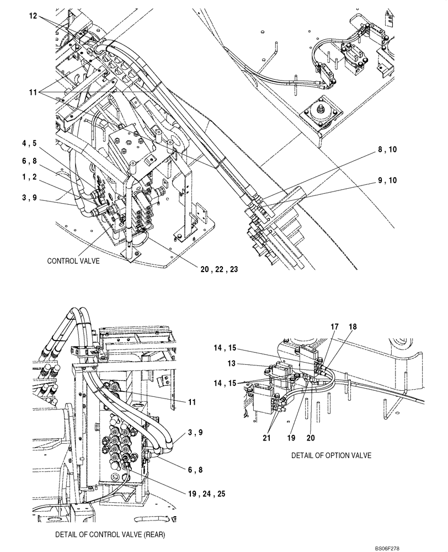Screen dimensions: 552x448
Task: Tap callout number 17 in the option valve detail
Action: click(333, 327)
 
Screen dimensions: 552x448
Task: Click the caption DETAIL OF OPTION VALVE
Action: click(331, 455)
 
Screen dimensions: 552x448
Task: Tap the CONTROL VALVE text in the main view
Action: click(73, 261)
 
